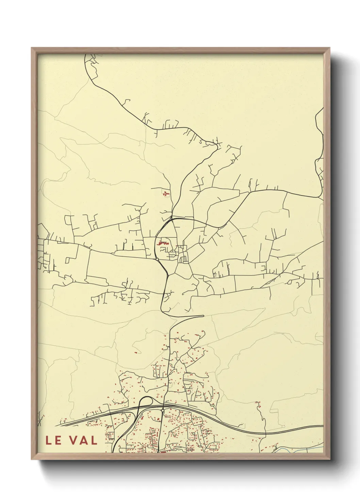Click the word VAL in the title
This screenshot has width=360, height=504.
(83, 440)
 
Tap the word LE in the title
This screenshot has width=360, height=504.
(54, 440)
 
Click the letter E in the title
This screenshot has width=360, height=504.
(58, 440)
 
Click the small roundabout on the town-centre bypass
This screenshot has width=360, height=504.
(157, 259)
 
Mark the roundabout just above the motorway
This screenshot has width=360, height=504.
(163, 411)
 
